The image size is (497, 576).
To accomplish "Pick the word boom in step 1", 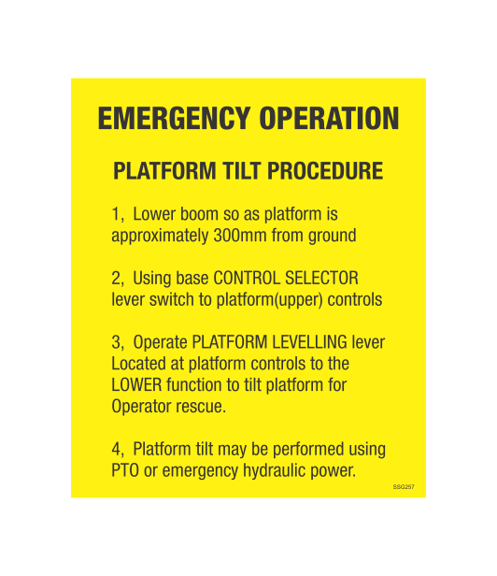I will pyautogui.click(x=200, y=214).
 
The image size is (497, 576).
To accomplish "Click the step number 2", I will pyautogui.click(x=117, y=279).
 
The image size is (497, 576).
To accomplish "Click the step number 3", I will pyautogui.click(x=117, y=343).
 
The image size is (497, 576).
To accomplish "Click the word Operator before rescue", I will pyautogui.click(x=144, y=408).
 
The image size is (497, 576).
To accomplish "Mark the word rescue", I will pyautogui.click(x=204, y=408).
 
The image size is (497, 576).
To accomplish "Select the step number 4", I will pyautogui.click(x=117, y=451).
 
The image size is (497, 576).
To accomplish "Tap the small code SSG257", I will pyautogui.click(x=403, y=487).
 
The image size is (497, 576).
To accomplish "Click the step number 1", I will pyautogui.click(x=116, y=214).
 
